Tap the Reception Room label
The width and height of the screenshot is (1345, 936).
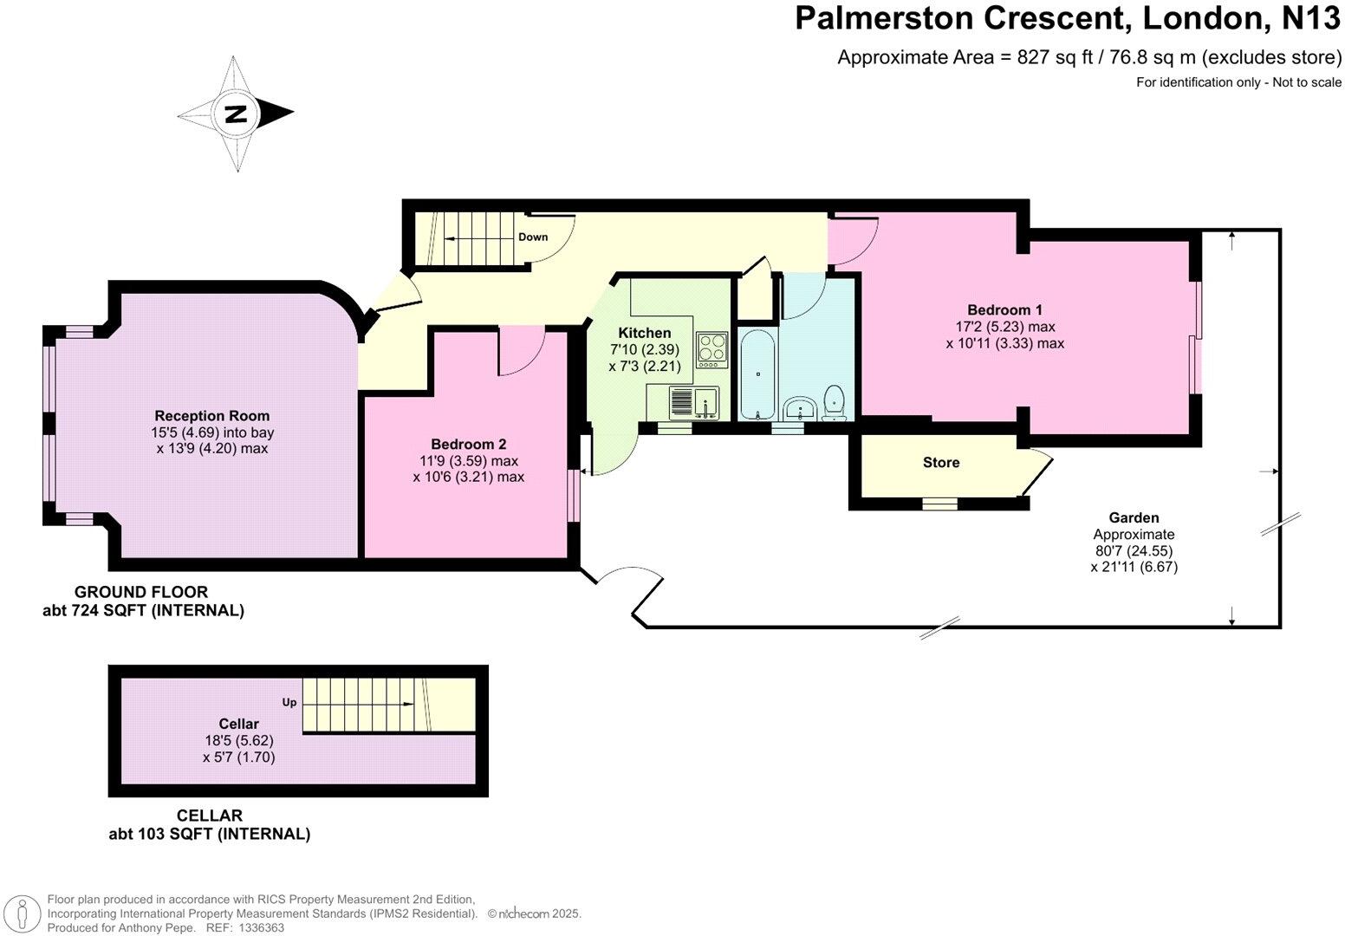coord(212,416)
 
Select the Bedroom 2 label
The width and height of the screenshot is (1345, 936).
coord(468,445)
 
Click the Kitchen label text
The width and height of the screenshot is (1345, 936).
coord(644,333)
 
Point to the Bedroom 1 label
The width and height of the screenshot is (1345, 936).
coord(1004,310)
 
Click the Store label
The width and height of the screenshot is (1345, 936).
coord(940,463)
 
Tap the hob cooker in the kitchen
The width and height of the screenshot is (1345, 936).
coord(711,348)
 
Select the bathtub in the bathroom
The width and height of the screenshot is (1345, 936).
coord(758,374)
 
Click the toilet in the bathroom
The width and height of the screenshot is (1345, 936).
coord(835,402)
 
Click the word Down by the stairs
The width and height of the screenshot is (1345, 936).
coord(533,237)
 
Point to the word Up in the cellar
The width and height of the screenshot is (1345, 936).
coord(289,702)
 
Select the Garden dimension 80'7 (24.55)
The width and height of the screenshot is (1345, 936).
coord(1134,550)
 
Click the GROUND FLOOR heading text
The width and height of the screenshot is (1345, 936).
coord(141,592)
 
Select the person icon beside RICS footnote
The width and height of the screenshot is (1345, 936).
coord(24,913)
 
